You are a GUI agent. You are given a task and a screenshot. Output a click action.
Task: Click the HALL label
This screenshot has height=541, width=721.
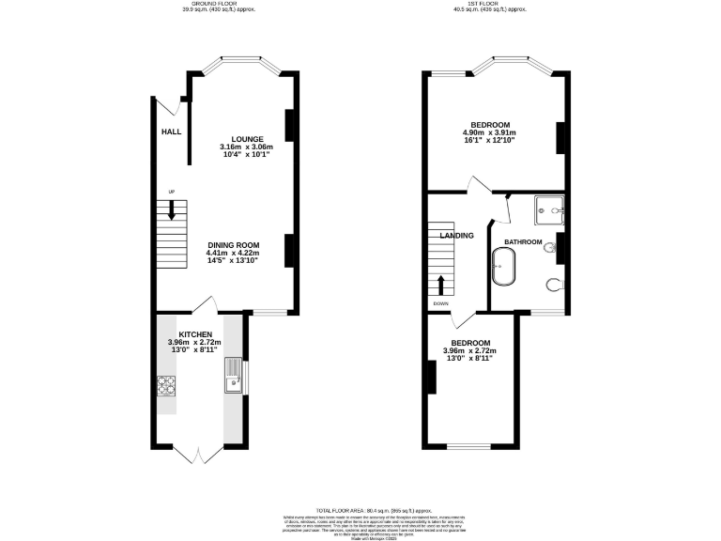coord(171,132)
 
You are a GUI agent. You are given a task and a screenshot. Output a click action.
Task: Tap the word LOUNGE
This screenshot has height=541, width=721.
coord(248,139)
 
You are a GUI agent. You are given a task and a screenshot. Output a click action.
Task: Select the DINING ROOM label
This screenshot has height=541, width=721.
coord(233,244)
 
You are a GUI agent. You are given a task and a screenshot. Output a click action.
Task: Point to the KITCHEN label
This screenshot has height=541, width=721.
coord(194,334)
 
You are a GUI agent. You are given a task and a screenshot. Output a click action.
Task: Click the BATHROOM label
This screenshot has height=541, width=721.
coord(523,242)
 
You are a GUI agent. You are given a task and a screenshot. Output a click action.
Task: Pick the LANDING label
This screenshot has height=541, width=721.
coord(457,235)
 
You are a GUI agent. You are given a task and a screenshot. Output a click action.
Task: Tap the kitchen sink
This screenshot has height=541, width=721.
coord(233,381)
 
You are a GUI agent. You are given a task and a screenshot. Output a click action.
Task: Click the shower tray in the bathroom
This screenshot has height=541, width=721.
coord(546,211)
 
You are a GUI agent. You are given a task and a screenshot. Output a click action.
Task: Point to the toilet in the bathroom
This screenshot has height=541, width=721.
coord(554,285)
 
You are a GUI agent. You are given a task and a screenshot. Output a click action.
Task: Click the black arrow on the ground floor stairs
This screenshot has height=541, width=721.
coord(172,210)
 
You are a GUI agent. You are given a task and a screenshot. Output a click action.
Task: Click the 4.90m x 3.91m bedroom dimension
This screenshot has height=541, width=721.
coord(490,133)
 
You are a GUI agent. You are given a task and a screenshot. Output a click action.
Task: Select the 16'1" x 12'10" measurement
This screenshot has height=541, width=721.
coord(490,141)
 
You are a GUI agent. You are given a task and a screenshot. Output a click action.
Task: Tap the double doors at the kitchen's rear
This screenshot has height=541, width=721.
coord(199,455)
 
